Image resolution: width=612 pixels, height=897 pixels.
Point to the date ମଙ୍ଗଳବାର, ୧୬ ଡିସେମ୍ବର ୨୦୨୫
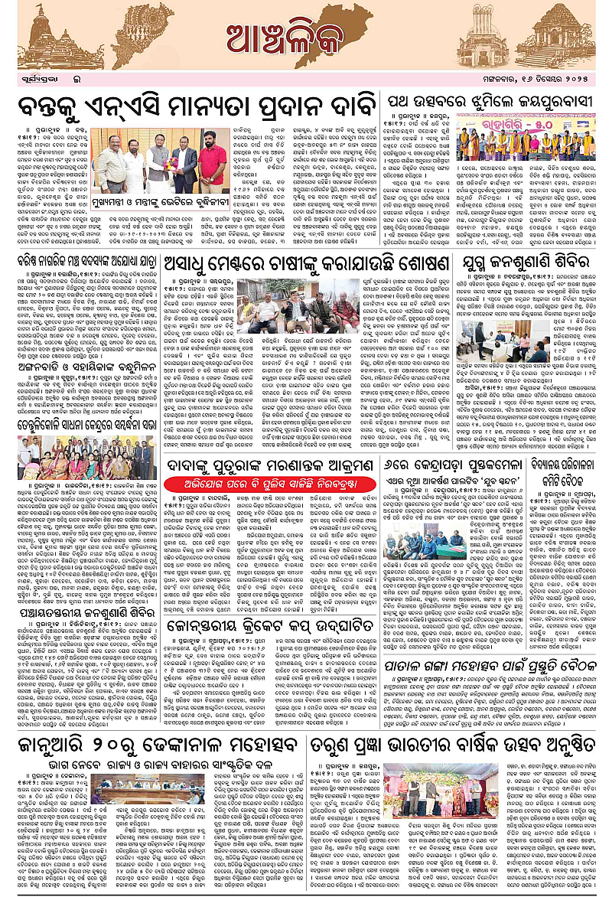pos(547,79)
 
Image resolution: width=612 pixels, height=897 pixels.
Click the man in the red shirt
pos(212,165)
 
